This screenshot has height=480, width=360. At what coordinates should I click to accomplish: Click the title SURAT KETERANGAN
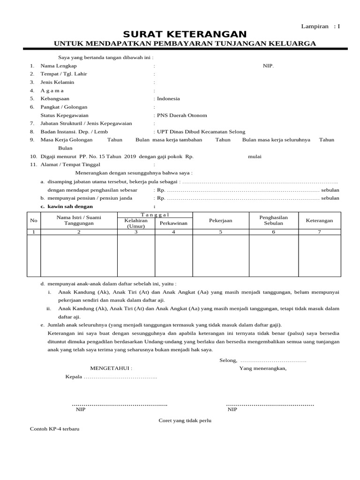[185, 34]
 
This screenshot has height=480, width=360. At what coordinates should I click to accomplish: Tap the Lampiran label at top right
[315, 26]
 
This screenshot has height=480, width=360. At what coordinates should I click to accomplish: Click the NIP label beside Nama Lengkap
[268, 66]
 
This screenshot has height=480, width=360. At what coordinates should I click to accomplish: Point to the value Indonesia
[168, 99]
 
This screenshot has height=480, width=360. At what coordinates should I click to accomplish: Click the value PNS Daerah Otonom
[182, 115]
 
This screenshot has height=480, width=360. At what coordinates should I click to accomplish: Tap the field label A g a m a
[52, 90]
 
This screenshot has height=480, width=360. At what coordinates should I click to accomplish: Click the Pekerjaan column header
[220, 220]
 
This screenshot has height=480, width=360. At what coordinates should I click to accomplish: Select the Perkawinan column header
[173, 223]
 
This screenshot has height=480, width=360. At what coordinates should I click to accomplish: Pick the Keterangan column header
[319, 220]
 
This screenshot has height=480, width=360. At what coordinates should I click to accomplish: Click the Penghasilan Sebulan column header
[273, 220]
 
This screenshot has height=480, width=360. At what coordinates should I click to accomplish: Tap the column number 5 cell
[220, 232]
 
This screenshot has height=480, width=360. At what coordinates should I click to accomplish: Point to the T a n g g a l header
[155, 214]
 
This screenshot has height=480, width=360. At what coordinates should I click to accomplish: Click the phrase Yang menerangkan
[263, 368]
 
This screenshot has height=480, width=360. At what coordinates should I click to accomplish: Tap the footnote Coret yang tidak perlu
[185, 420]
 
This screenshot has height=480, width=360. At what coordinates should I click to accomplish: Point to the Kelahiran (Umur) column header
[135, 223]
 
